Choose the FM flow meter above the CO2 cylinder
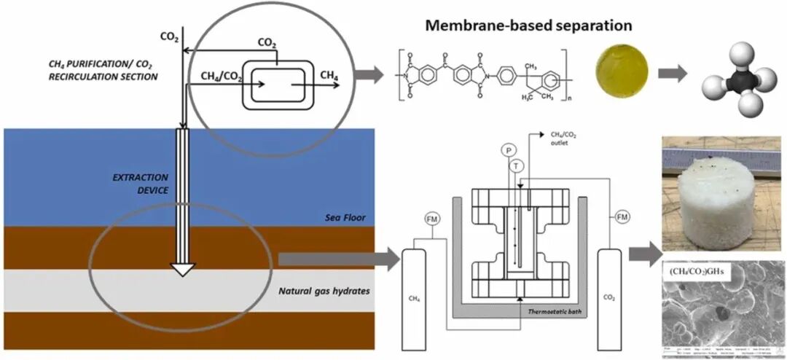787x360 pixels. (x=622, y=216)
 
